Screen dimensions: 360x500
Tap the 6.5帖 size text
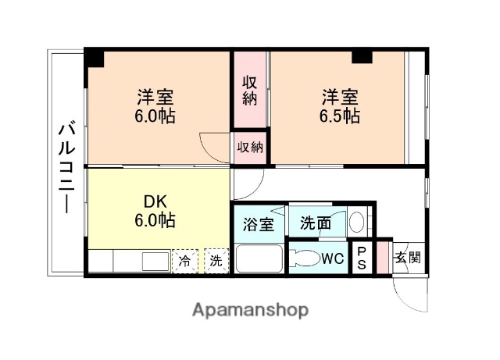pos(340,116)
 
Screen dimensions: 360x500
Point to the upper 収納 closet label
pos(249,90)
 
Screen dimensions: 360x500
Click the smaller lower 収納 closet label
pos(250,147)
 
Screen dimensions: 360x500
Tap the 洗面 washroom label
pos(315,223)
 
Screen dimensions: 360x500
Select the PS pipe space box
pos(362,258)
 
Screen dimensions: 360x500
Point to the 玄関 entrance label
pos(406,257)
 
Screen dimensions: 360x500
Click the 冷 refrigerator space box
pos(185,260)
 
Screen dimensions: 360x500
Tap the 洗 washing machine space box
pos(215,260)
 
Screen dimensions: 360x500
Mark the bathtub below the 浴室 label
pos(259,258)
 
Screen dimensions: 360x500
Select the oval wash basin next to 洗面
pos(356,223)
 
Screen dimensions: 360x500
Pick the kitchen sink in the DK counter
pos(155,261)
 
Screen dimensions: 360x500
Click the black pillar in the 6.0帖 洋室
pos(95,58)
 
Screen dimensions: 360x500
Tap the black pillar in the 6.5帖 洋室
pos(362,56)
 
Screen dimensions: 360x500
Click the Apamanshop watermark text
pos(250,309)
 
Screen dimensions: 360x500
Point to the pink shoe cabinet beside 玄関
pos(382,258)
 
